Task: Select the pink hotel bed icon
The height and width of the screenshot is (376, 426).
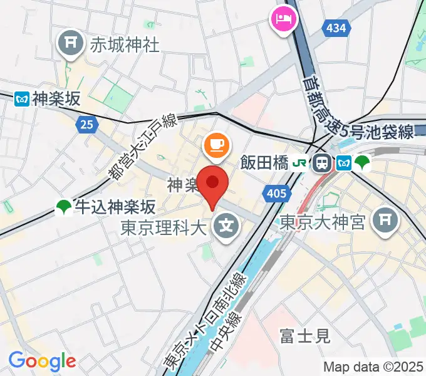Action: (x=283, y=18)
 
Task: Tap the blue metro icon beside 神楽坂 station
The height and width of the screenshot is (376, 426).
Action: (x=22, y=98)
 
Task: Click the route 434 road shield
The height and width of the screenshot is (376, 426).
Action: (x=336, y=28)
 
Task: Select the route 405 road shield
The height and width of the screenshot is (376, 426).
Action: (x=276, y=194)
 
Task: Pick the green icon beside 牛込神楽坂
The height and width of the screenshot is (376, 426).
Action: (x=63, y=207)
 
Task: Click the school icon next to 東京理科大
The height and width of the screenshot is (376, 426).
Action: (x=226, y=223)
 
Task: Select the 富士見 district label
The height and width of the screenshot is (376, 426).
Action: (x=306, y=337)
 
